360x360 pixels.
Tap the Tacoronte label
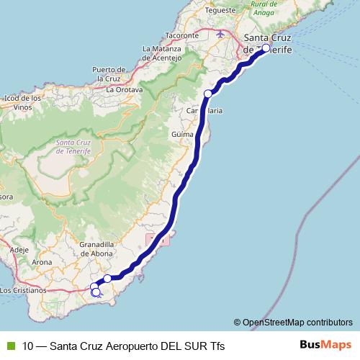point(162,35)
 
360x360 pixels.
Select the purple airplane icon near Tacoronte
point(220,33)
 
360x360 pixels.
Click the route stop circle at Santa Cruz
point(266,48)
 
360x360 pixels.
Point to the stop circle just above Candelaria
point(208,93)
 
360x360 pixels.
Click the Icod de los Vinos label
point(20,102)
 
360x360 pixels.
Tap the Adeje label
point(19,249)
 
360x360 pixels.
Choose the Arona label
point(43,263)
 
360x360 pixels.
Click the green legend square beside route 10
point(10,346)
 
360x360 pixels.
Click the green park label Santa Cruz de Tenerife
point(73,147)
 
